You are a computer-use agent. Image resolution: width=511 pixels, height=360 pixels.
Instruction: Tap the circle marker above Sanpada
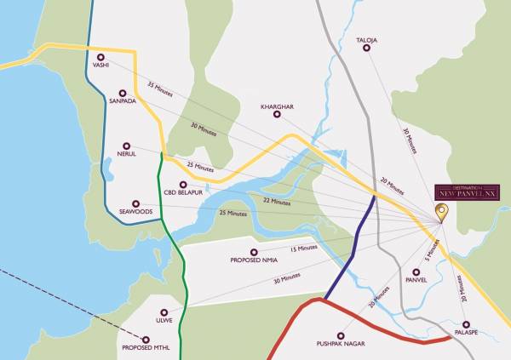tap(124, 89)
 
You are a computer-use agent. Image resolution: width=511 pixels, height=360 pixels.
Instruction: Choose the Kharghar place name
tap(278, 106)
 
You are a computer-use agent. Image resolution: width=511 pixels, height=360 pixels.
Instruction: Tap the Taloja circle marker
tap(367, 48)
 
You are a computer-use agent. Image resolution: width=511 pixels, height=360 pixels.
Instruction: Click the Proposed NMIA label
tap(255, 260)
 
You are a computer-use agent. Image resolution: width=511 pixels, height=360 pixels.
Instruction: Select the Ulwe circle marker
tap(165, 310)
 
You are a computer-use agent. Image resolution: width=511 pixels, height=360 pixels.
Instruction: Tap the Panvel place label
tap(416, 278)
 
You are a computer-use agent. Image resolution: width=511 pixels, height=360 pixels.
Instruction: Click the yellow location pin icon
tap(441, 213)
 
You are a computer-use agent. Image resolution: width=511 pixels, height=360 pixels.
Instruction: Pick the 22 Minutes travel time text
tap(277, 202)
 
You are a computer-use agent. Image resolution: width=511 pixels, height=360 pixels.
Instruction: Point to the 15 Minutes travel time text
tap(304, 249)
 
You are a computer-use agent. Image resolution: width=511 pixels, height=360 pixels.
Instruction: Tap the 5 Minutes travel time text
tap(433, 248)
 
